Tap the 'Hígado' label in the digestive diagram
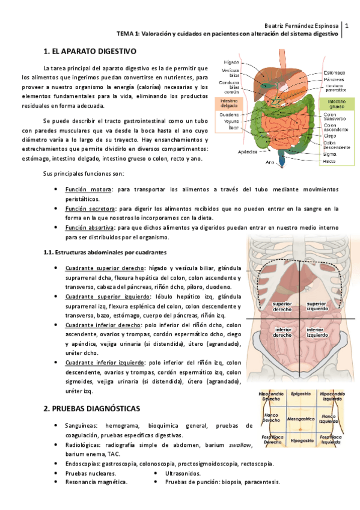click(232, 62)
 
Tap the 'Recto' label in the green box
click(329, 162)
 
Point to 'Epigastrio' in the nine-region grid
click(300, 393)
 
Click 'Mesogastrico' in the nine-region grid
click(301, 417)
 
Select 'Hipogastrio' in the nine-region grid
click(300, 441)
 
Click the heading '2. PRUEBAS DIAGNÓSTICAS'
click(91, 408)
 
